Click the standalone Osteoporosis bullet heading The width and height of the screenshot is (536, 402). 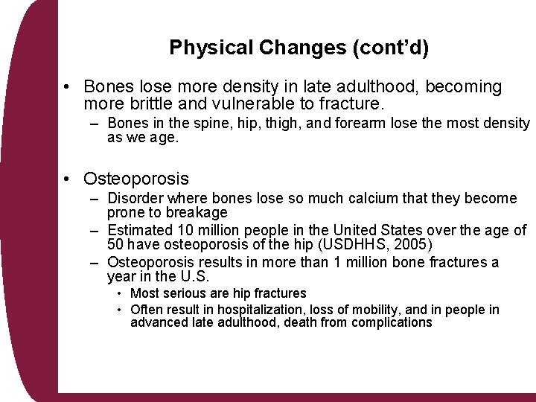pos(136,179)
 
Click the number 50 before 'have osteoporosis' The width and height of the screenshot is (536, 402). pos(116,245)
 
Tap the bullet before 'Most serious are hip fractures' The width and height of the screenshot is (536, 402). pos(119,294)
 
